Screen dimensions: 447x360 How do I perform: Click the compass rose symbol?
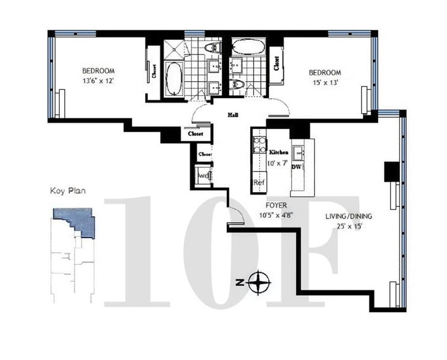coord(259,282)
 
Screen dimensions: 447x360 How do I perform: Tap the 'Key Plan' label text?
coord(68,191)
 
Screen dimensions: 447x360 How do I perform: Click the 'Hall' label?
coord(233,115)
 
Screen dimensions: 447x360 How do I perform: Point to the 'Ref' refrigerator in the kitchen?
coord(259,182)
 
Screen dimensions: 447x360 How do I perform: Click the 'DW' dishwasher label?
coord(297,167)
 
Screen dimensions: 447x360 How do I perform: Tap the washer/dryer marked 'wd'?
coord(203,176)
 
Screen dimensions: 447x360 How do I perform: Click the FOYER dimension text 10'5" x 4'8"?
coord(276,215)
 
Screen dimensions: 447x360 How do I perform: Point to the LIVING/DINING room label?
coord(349,216)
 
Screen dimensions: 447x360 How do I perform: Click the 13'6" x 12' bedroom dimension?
coord(98,80)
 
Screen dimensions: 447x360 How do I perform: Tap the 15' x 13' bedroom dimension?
coord(325,83)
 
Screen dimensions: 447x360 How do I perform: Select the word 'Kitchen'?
coord(279,153)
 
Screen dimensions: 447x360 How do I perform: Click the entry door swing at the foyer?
coord(236,215)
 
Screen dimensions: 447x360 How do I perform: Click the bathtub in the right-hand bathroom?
coord(249,47)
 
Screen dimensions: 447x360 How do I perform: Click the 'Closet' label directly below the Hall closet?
coord(205,154)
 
